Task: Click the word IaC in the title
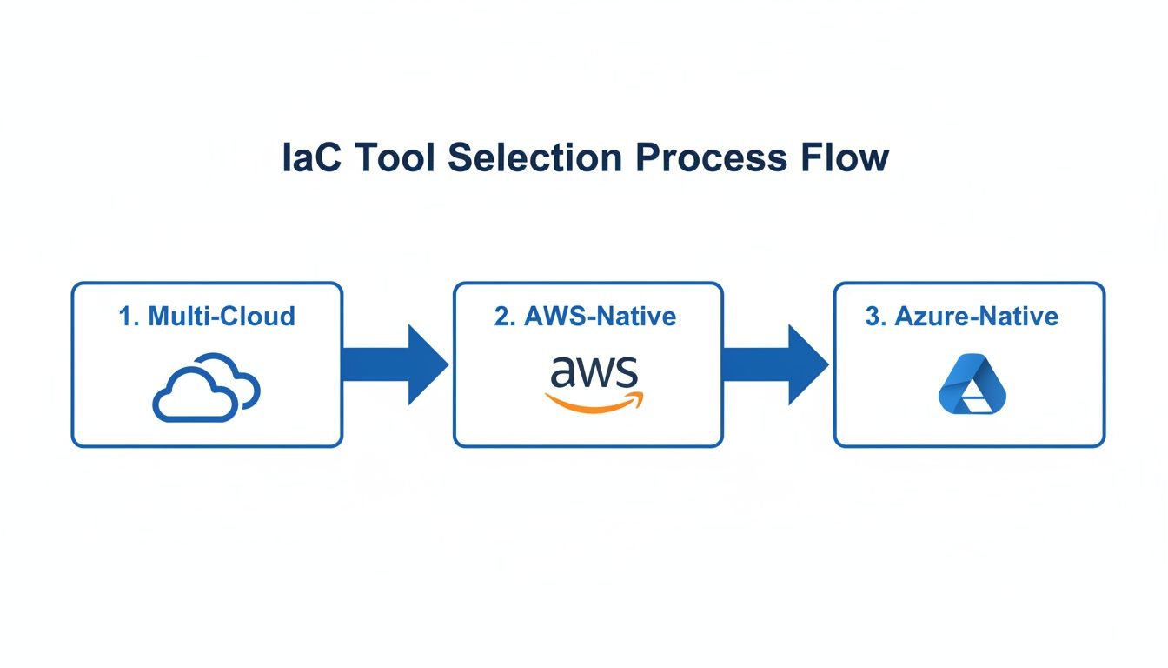pos(310,158)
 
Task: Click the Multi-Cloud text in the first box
pos(222,316)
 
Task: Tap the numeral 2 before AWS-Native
pos(502,316)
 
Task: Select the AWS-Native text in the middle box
pos(600,316)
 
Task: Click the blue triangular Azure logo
pos(972,383)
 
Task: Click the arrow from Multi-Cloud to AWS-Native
pos(395,364)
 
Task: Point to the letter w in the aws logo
pos(594,373)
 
